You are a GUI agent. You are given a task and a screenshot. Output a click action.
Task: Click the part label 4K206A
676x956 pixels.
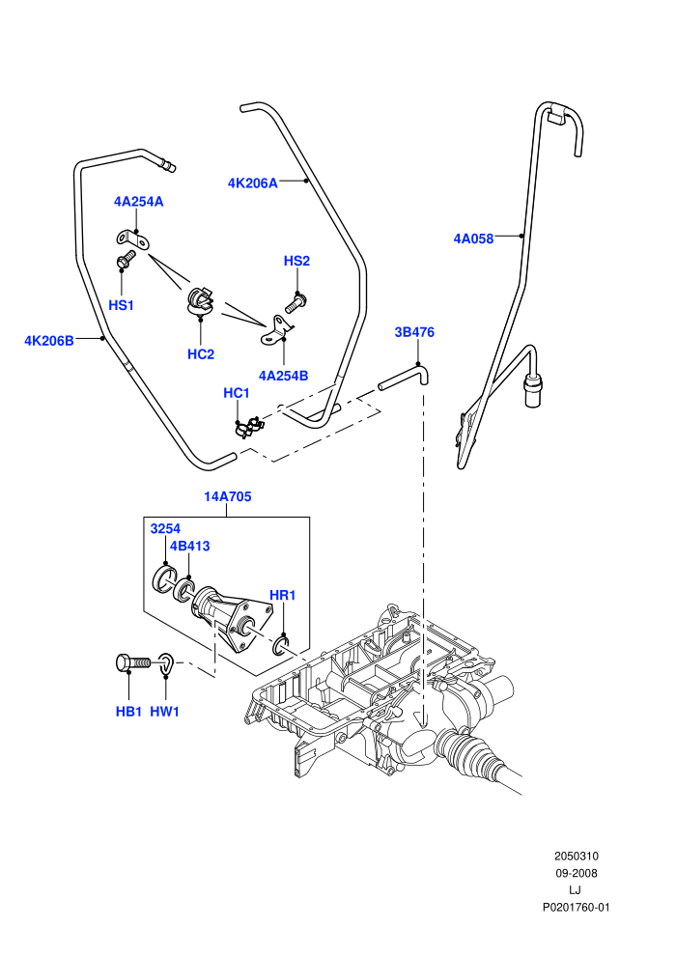coord(252,183)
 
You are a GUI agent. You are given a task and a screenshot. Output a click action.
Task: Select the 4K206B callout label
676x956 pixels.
coord(48,340)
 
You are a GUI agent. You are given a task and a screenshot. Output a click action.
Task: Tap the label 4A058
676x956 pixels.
coord(473,239)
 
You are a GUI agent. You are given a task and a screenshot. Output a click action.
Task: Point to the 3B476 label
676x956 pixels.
coord(414,332)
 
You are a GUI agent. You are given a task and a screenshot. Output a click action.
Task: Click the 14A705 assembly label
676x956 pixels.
coord(227,496)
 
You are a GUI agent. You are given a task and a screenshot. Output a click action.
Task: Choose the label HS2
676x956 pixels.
coord(296,261)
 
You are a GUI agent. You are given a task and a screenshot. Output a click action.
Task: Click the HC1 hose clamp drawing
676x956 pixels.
coord(248,426)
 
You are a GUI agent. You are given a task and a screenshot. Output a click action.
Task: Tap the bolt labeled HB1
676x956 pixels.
coord(133,662)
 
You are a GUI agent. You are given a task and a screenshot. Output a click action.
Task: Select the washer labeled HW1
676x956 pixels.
coord(167,664)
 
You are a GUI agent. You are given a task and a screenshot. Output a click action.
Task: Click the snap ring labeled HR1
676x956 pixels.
coord(282,645)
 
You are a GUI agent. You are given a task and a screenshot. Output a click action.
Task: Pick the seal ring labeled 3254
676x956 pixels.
coord(163,579)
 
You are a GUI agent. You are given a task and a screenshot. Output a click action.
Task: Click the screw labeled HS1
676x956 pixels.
coord(126,259)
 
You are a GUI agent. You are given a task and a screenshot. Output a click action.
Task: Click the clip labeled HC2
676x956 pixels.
coord(199,302)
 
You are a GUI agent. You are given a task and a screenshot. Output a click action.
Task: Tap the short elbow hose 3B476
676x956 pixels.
coord(405,375)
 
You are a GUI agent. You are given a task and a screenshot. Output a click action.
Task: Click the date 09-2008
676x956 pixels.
coord(576,873)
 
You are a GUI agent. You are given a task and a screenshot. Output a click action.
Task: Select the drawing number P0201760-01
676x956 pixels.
coord(576,907)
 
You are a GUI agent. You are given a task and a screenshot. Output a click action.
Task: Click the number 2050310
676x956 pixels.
coord(576,856)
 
